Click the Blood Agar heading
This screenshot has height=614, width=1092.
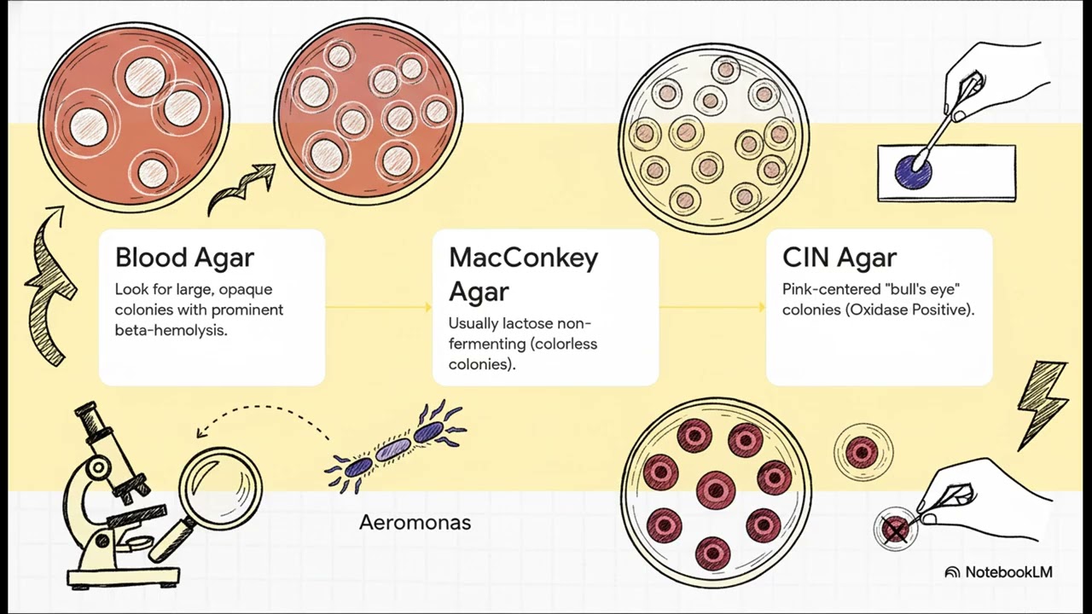[184, 258]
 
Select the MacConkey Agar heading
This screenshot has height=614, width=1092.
[523, 275]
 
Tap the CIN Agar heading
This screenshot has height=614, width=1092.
[839, 258]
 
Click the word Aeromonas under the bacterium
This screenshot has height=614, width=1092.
[415, 523]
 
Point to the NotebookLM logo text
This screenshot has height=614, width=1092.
[999, 571]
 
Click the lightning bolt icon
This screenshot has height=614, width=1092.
[1043, 405]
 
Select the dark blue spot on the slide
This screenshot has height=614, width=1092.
[913, 173]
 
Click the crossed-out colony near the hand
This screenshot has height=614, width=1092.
[896, 529]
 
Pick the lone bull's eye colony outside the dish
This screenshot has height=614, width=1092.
[863, 453]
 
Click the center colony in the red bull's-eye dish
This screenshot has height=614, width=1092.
[716, 489]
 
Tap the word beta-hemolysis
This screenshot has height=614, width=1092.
[171, 330]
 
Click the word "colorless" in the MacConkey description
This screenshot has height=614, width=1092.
[566, 344]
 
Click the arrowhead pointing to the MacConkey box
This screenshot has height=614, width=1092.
[428, 307]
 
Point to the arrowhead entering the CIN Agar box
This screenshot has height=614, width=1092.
[762, 307]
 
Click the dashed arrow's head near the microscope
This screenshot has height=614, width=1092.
[200, 432]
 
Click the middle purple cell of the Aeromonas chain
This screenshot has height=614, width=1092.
[393, 449]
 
